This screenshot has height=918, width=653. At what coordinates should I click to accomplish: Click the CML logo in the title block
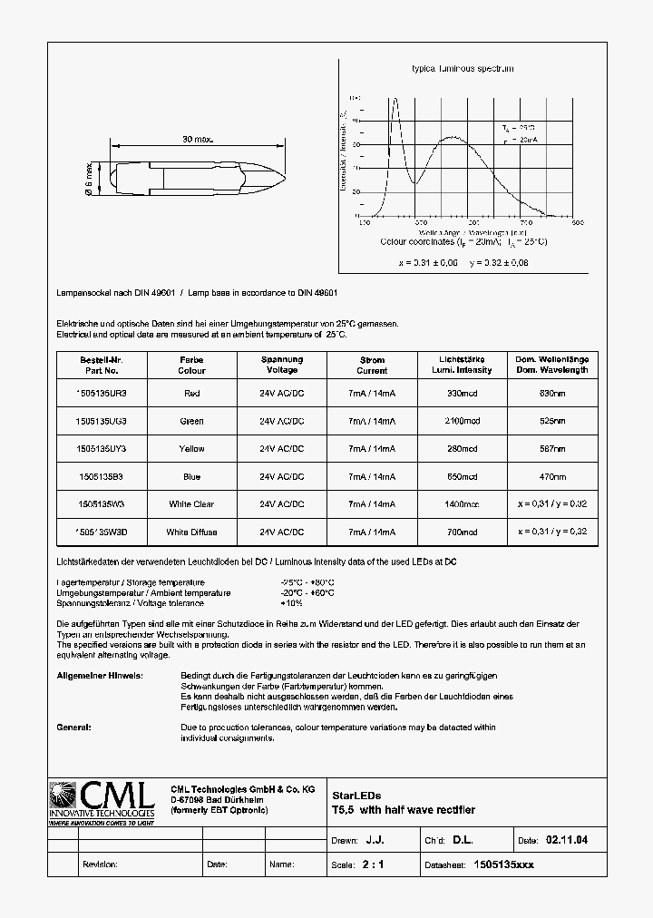pyautogui.click(x=101, y=802)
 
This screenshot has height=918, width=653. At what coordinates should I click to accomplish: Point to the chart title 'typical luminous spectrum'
pyautogui.click(x=463, y=69)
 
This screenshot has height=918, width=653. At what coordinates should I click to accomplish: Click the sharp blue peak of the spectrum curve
pyautogui.click(x=395, y=100)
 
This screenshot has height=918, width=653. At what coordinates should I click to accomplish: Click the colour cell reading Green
pyautogui.click(x=191, y=421)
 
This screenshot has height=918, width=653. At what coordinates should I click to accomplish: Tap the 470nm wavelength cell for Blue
pyautogui.click(x=552, y=476)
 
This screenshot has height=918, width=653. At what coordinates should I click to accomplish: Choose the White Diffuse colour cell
pyautogui.click(x=191, y=532)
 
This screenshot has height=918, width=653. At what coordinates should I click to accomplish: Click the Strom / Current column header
pyautogui.click(x=372, y=365)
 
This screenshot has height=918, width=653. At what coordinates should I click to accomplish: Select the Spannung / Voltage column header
pyautogui.click(x=282, y=365)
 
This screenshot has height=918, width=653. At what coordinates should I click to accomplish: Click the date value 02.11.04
pyautogui.click(x=566, y=841)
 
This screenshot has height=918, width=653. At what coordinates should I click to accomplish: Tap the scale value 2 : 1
pyautogui.click(x=373, y=864)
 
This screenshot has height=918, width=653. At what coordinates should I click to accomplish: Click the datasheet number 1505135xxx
pyautogui.click(x=504, y=864)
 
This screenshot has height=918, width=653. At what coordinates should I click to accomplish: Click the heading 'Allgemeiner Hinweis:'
pyautogui.click(x=99, y=676)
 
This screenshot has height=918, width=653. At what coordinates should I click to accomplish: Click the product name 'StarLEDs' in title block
pyautogui.click(x=350, y=795)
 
